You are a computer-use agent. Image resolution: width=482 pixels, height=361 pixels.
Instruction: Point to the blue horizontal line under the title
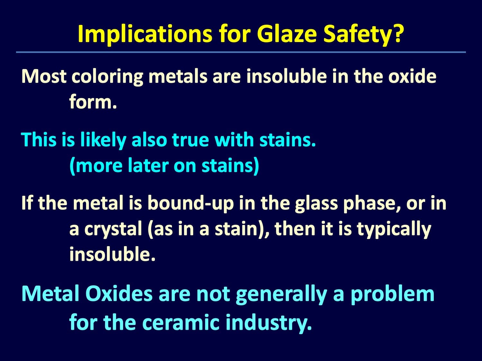[241, 52]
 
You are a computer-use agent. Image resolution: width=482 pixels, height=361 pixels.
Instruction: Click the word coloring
[107, 77]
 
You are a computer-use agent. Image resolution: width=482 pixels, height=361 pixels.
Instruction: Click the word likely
[103, 140]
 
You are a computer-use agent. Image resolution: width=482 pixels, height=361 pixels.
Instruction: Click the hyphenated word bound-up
[190, 203]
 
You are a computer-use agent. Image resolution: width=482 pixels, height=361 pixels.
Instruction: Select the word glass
[317, 203]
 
